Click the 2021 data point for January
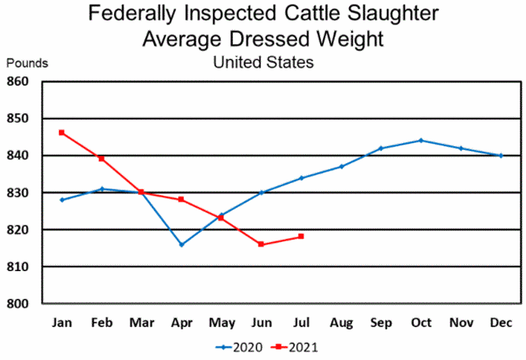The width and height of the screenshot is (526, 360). (x=61, y=132)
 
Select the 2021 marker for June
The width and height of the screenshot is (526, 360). (x=261, y=244)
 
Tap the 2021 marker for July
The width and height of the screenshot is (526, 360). (x=301, y=237)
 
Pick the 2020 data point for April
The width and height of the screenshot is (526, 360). (x=182, y=244)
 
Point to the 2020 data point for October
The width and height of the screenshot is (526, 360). (x=421, y=141)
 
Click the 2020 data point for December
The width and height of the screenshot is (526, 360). (x=501, y=156)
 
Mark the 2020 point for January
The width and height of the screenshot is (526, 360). (x=61, y=200)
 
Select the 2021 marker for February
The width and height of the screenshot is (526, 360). (x=101, y=158)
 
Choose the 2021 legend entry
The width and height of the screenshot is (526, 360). (x=294, y=346)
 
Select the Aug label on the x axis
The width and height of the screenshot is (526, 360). (x=341, y=323)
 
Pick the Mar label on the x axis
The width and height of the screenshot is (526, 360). (x=142, y=323)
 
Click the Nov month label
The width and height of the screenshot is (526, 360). (x=461, y=323)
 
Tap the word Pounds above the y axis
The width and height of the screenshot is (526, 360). (x=28, y=63)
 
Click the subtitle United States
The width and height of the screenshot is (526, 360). (x=263, y=62)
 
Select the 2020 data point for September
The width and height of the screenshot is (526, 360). (x=381, y=148)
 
